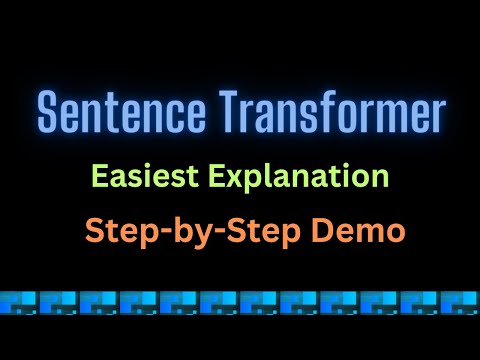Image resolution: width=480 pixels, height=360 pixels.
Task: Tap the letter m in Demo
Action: pyautogui.click(x=368, y=231)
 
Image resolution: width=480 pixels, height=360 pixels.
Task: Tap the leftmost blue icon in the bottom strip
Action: pyautogui.click(x=19, y=299)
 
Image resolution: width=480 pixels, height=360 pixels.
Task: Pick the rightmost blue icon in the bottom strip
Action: pyautogui.click(x=461, y=299)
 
